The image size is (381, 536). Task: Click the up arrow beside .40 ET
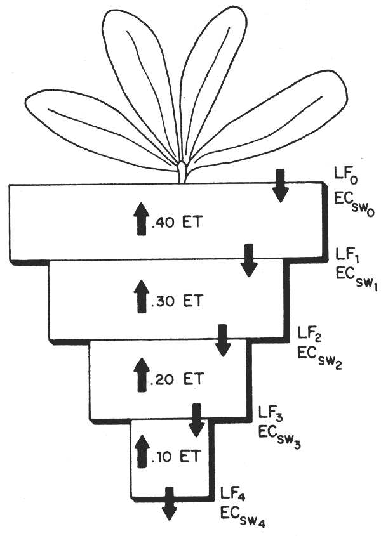140,221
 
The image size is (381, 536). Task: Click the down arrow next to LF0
280,185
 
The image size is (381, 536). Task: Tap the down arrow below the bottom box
170,505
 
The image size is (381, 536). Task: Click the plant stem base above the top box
182,173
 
